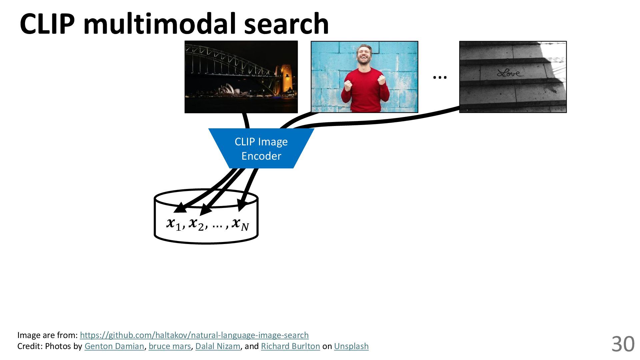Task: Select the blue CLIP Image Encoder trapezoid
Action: (261, 149)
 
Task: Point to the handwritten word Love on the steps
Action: (510, 73)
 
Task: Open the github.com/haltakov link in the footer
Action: (194, 335)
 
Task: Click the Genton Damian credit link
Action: (114, 346)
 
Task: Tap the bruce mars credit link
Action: (170, 346)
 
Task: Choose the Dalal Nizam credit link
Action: (218, 346)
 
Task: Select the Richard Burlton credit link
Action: (290, 346)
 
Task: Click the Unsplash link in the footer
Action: (351, 346)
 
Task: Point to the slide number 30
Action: (623, 344)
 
